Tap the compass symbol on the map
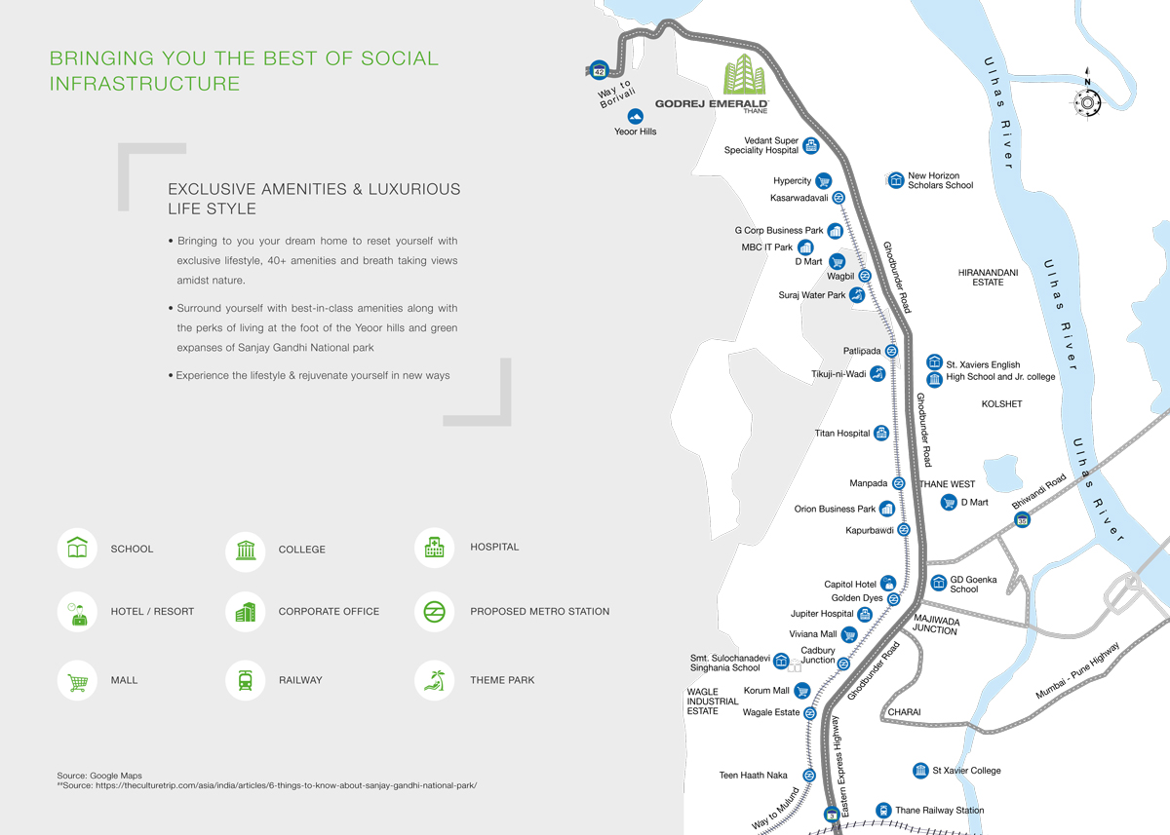point(1088,101)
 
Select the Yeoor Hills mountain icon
point(636,116)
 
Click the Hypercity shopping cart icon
point(823,181)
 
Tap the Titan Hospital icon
point(881,433)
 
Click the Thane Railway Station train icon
point(883,810)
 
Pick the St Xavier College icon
point(920,771)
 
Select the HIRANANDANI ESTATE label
point(988,278)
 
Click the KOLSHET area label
point(1001,403)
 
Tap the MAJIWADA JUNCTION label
point(935,626)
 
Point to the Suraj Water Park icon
point(857,294)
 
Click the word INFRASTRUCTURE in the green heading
point(145,84)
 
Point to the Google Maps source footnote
point(99,776)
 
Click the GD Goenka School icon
point(938,584)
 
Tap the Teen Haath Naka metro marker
point(808,776)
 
